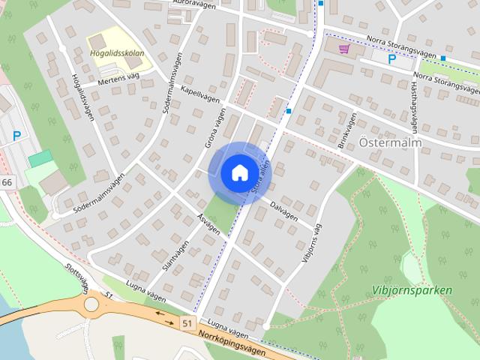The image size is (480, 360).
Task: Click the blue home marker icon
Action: point(239,172)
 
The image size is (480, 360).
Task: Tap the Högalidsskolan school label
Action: point(117,53)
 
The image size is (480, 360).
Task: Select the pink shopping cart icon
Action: point(344,49)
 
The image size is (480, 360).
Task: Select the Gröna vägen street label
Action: point(215,127)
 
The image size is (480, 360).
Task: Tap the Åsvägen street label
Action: point(208,223)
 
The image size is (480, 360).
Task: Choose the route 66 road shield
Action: point(7,183)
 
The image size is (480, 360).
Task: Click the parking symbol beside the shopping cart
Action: point(391,59)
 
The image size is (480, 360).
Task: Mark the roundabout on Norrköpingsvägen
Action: point(91,304)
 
